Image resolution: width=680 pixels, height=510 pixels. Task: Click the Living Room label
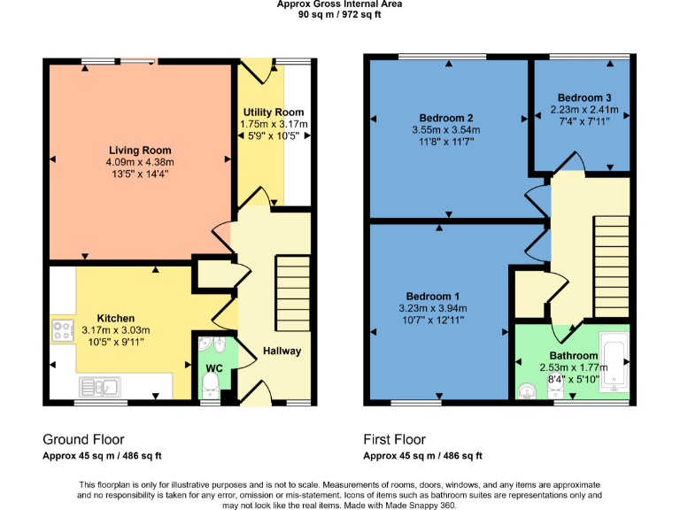[140, 151]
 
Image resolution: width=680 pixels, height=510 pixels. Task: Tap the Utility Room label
[274, 112]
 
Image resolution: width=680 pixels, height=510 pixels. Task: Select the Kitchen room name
[115, 319]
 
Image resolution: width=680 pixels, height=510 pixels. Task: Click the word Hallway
[282, 352]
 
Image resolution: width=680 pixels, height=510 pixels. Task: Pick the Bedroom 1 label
[433, 296]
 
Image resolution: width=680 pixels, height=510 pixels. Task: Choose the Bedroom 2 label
[446, 119]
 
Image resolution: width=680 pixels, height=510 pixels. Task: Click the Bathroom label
[573, 356]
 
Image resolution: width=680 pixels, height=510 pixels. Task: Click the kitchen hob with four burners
[63, 331]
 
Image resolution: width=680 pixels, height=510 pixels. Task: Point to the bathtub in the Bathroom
[614, 362]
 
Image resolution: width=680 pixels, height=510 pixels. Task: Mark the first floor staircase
[611, 266]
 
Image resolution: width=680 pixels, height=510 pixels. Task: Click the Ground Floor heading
[83, 439]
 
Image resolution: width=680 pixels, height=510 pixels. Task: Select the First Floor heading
[394, 439]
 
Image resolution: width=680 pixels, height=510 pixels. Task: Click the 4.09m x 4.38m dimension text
[140, 163]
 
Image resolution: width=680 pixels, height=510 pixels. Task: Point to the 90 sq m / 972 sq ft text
[339, 14]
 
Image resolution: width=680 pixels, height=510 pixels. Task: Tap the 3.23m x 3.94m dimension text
[433, 308]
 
